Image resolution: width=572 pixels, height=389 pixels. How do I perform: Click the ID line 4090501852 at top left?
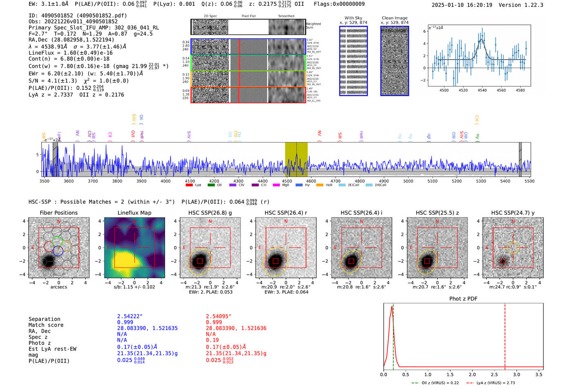pos(78,16)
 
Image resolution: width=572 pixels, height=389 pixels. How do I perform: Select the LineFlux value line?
pos(70,53)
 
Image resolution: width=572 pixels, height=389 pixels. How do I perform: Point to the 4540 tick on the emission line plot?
pos(482,90)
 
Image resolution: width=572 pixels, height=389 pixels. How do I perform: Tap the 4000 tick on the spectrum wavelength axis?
pos(165,181)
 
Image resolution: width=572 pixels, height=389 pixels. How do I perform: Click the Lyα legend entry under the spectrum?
pos(194,185)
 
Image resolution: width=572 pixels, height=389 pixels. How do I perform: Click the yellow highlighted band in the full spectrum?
pos(296,159)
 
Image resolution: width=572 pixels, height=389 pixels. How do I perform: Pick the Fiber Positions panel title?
pos(58,213)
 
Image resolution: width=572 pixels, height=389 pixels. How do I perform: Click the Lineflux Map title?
pos(134,213)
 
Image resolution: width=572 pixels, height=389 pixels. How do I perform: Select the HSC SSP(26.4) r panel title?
pos(286,213)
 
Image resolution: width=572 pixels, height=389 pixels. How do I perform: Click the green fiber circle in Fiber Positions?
pos(58,241)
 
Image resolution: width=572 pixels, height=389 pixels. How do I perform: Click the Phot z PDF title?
pos(463,299)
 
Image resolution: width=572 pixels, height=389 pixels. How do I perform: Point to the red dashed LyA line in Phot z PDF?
pos(505,335)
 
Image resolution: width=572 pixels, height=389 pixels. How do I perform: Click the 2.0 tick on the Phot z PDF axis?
pos(472,374)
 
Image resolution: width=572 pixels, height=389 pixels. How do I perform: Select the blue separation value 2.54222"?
pos(130,316)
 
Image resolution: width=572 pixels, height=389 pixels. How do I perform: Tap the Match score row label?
pos(46,325)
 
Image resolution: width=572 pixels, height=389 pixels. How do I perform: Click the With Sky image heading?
pos(353,18)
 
